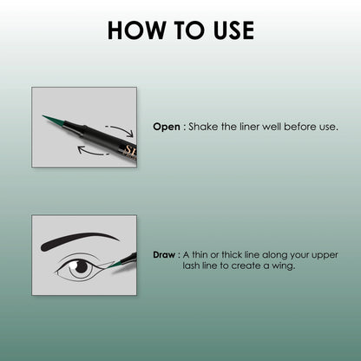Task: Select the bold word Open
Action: [x=166, y=127]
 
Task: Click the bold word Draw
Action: [x=165, y=255]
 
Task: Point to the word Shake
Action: [x=204, y=127]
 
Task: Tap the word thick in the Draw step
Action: [x=226, y=255]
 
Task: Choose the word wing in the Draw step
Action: [x=282, y=266]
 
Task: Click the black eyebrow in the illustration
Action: [x=77, y=239]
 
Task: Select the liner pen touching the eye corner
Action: [x=126, y=259]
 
